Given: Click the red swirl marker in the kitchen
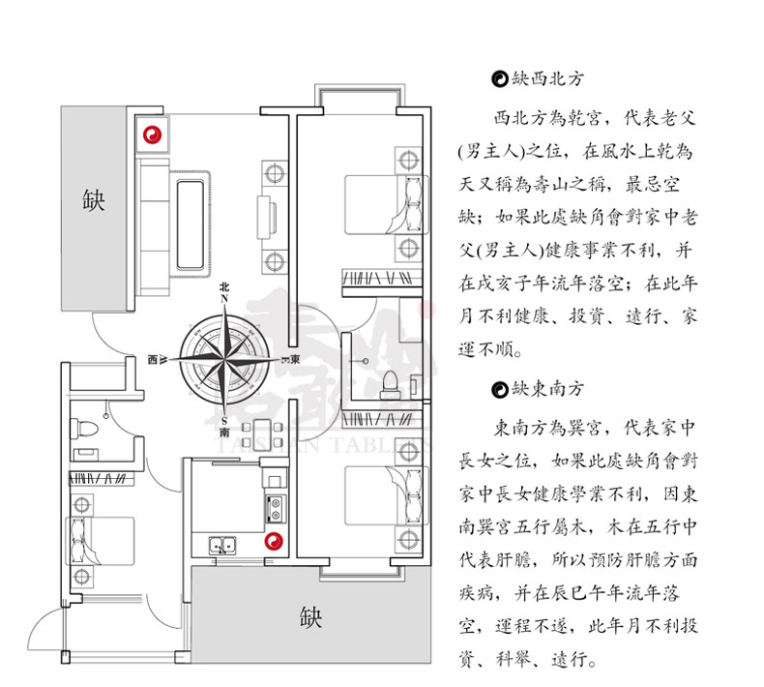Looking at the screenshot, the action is [x=274, y=543].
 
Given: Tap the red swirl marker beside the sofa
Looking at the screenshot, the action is [x=151, y=134].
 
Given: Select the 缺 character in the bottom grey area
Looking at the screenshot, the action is [x=309, y=616].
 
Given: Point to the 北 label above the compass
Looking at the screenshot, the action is [x=224, y=286].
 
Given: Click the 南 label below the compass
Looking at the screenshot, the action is [x=224, y=433].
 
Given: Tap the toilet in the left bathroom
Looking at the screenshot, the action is [x=85, y=427].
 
